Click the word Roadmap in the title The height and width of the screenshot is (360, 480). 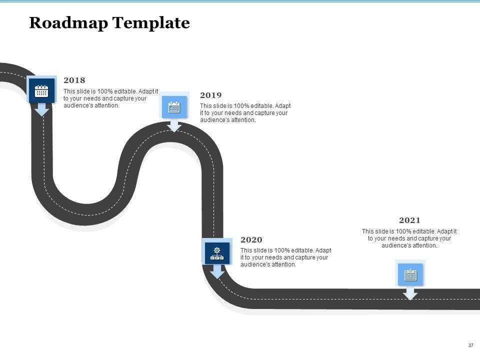click(x=68, y=23)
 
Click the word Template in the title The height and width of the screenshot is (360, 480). click(x=151, y=23)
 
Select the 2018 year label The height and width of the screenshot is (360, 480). click(x=74, y=80)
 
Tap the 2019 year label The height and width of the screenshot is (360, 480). click(x=210, y=95)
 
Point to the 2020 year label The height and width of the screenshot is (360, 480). click(x=251, y=240)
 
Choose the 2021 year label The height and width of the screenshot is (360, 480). click(x=409, y=220)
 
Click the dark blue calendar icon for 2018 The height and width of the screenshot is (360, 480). click(x=41, y=91)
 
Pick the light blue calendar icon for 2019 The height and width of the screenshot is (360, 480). click(x=174, y=106)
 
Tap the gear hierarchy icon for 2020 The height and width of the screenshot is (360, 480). click(x=217, y=253)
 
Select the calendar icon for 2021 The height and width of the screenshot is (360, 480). click(x=410, y=274)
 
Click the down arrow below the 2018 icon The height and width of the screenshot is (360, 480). click(x=41, y=109)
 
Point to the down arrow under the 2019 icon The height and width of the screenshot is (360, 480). click(x=174, y=125)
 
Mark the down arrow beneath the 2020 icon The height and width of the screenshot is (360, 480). click(x=217, y=271)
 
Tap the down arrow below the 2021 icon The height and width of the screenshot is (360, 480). click(x=410, y=293)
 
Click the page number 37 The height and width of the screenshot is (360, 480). click(x=470, y=345)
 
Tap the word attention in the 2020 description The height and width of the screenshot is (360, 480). click(x=283, y=264)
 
